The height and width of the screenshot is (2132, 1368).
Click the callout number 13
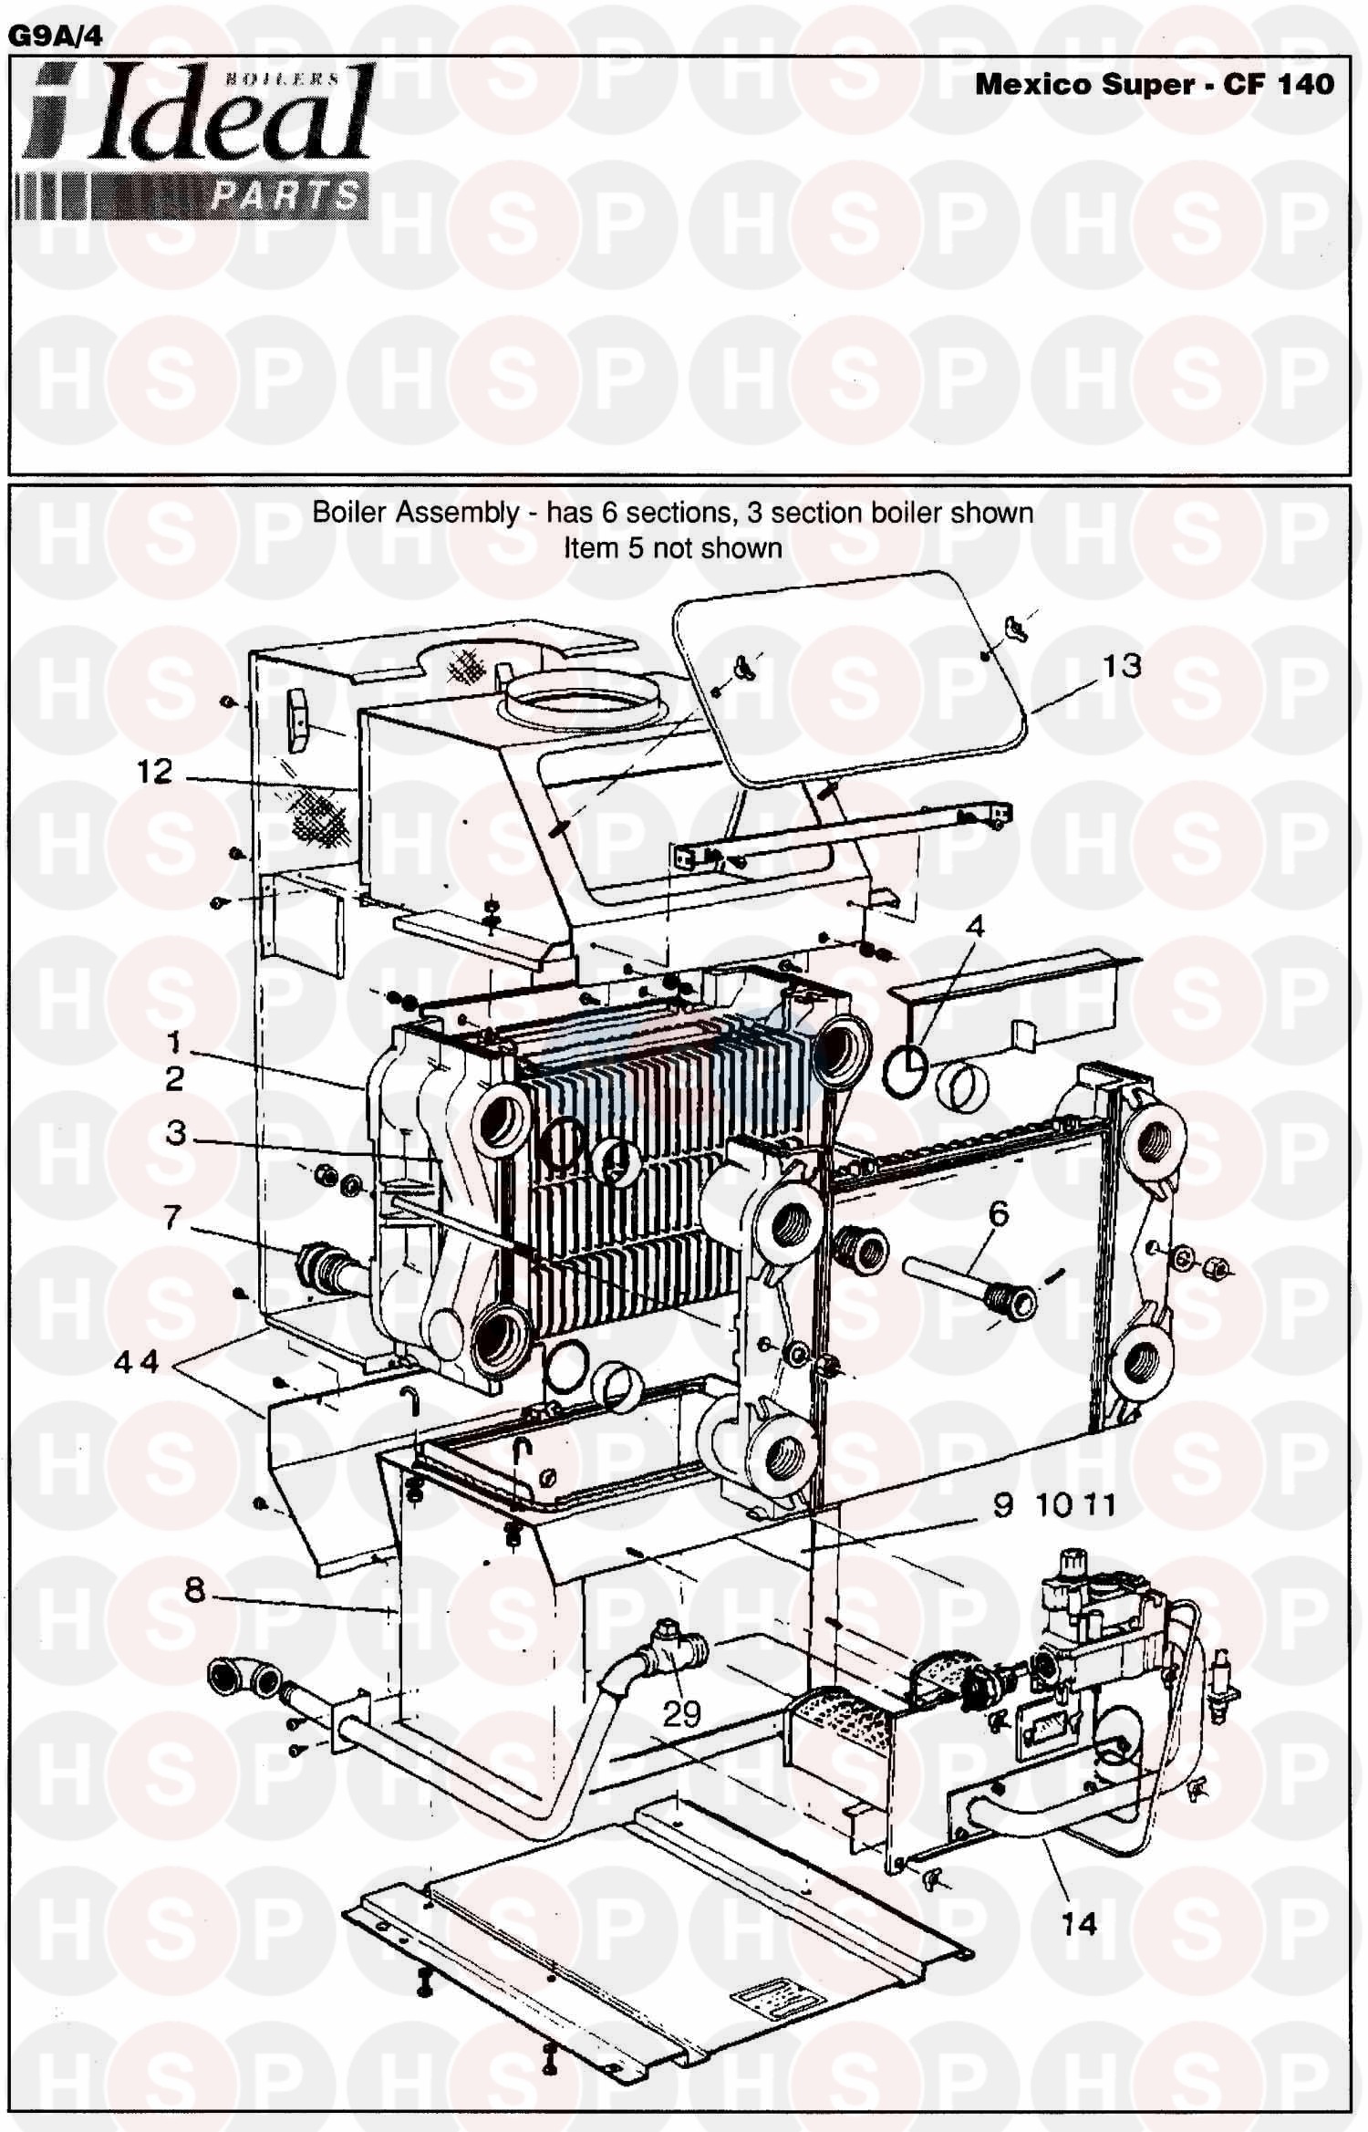[x=1122, y=667]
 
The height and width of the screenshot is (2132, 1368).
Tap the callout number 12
[x=154, y=773]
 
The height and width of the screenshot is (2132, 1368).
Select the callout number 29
[x=681, y=1714]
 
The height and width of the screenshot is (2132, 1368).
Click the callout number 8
[x=194, y=1590]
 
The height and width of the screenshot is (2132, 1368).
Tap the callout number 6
[x=999, y=1213]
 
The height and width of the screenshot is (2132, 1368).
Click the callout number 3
[x=176, y=1133]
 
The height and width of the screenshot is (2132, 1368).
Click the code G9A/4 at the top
[x=55, y=36]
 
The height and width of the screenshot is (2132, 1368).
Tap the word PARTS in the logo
[x=285, y=195]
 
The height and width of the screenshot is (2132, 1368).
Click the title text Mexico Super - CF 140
[x=1154, y=85]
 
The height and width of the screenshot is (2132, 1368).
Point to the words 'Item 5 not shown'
[x=672, y=548]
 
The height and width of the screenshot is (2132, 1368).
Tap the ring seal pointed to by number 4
[x=905, y=1073]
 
